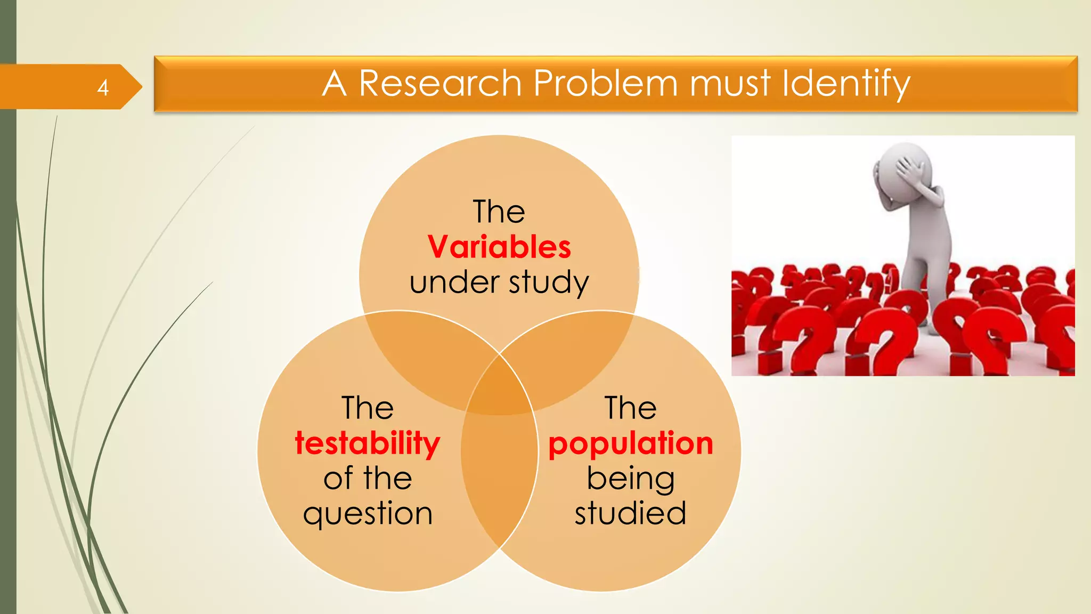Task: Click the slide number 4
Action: click(103, 87)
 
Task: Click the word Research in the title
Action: click(440, 84)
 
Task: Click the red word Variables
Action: click(499, 247)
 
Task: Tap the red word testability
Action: click(368, 444)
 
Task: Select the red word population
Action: click(630, 444)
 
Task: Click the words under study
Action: click(499, 282)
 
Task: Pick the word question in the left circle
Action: click(368, 514)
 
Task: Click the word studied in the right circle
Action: click(630, 513)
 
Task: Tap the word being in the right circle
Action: click(630, 479)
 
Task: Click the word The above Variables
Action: click(499, 212)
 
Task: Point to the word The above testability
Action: click(368, 408)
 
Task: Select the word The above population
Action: click(630, 408)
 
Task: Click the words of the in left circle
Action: click(368, 479)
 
